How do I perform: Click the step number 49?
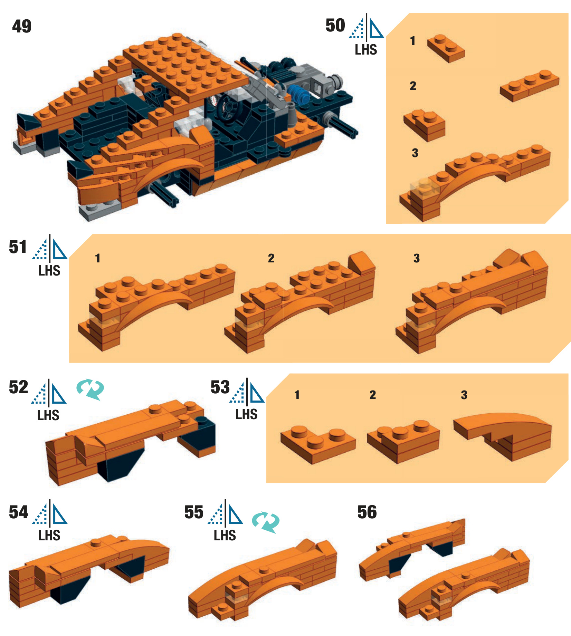(22, 26)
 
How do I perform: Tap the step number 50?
(335, 25)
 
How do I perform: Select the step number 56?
(367, 512)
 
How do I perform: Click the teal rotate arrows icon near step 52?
(90, 389)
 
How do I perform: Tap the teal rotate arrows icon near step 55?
(266, 522)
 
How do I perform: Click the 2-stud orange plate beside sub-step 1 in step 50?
(446, 48)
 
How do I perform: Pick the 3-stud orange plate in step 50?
(530, 86)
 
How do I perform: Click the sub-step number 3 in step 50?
(415, 153)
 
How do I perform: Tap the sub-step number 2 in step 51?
(271, 258)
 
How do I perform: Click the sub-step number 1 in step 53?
(297, 395)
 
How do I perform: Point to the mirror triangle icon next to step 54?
(50, 513)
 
